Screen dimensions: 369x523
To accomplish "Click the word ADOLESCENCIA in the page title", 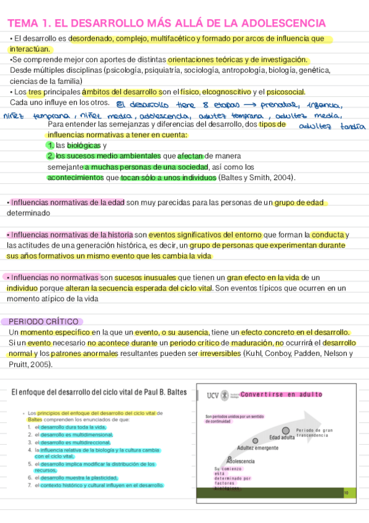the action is click(284, 23).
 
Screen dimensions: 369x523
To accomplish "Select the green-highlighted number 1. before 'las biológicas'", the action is click(50, 146).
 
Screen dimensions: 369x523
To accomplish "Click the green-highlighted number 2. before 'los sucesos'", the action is click(51, 156).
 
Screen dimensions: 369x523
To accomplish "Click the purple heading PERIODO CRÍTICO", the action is click(44, 321).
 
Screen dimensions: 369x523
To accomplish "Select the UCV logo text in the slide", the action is click(213, 394).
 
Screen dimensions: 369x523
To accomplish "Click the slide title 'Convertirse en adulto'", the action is click(281, 394).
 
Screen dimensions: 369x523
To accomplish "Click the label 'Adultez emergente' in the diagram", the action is click(257, 448).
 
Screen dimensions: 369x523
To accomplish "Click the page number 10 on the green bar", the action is click(346, 492).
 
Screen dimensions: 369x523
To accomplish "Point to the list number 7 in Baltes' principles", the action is click(29, 485).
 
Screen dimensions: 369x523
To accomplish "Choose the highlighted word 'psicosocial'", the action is click(286, 92).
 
